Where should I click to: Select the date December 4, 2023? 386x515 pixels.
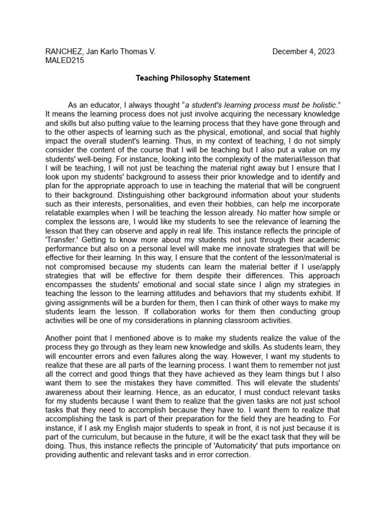point(303,51)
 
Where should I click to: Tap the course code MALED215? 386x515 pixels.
point(64,60)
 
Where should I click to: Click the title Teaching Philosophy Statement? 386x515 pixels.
point(193,78)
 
